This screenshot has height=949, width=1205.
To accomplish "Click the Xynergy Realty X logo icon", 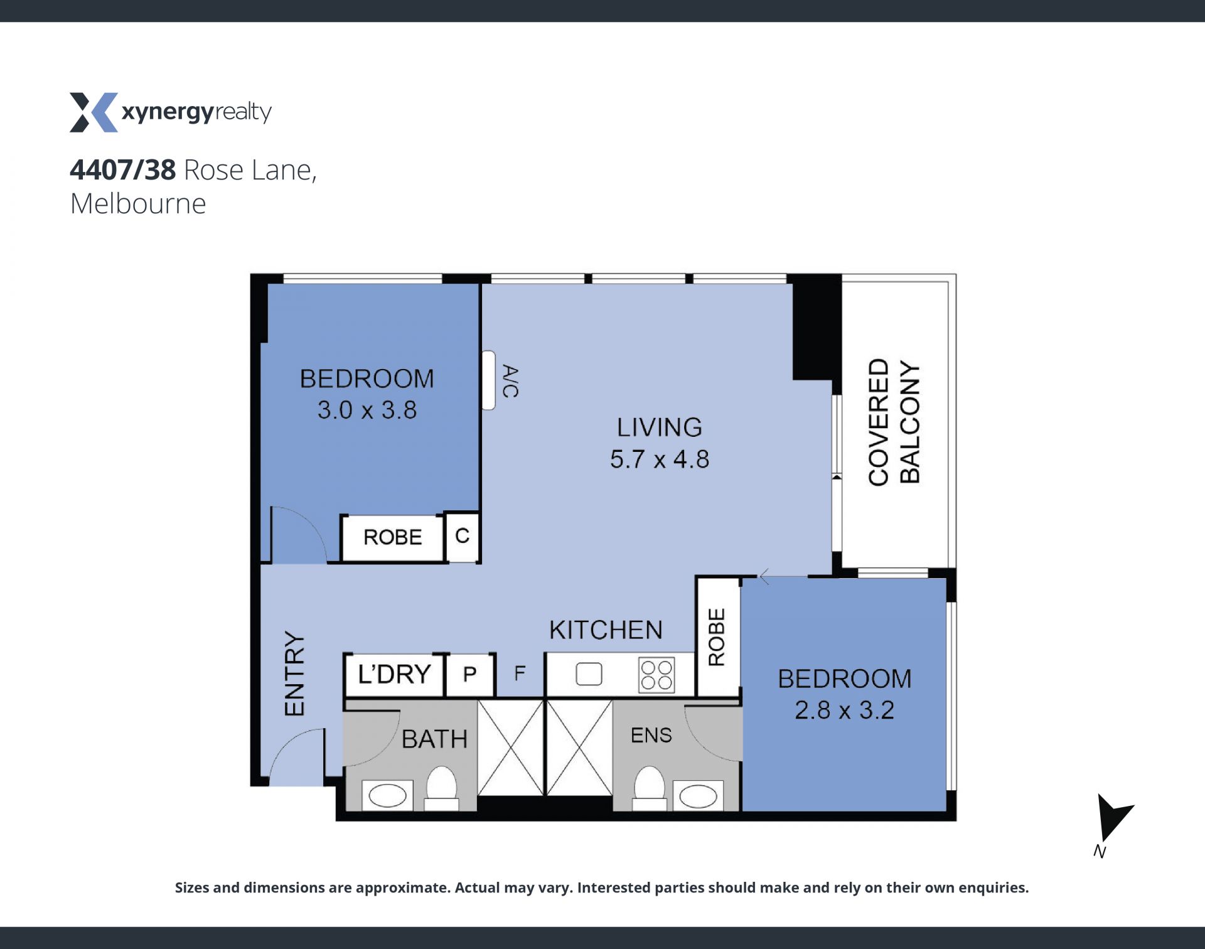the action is [94, 112].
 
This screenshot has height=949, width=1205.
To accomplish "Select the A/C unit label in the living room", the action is [510, 381].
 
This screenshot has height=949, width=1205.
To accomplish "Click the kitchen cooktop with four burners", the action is [656, 675].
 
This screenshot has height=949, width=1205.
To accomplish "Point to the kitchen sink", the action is [589, 674].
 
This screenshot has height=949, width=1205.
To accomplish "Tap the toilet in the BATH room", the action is [442, 788].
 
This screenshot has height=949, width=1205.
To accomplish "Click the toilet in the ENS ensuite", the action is [649, 788].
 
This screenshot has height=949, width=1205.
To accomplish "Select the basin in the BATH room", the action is [388, 796].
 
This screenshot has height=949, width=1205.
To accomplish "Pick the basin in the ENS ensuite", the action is [698, 796].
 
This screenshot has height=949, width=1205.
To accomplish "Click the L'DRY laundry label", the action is [394, 674].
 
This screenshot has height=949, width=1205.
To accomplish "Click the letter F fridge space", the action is [520, 673].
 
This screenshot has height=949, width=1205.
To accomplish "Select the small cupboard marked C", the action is [462, 537].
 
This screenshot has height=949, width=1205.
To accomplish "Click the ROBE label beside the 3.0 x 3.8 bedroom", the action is [393, 537].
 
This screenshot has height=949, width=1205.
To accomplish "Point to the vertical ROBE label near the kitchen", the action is [717, 636].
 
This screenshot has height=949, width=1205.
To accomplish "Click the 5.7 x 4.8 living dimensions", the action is [660, 459].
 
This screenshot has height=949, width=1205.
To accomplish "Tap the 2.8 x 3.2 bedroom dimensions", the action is [845, 710].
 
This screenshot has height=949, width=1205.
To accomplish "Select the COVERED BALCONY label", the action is [894, 422].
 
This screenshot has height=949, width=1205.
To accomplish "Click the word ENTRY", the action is [294, 673].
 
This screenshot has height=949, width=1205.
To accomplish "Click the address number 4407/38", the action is [123, 170].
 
